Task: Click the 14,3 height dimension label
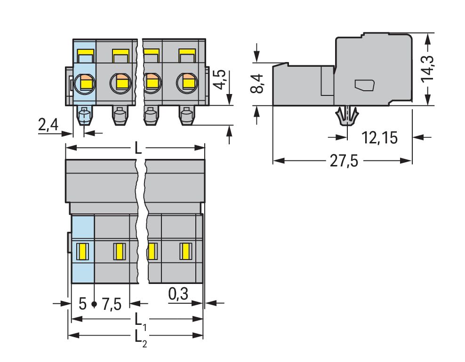(x=427, y=68)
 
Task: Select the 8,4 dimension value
(x=257, y=84)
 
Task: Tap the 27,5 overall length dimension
(x=344, y=161)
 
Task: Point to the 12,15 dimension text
(x=380, y=138)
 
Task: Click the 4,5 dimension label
(x=220, y=79)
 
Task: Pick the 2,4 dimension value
(x=48, y=125)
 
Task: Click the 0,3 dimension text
(x=178, y=294)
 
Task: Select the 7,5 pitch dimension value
(x=112, y=304)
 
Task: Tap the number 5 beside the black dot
(x=83, y=304)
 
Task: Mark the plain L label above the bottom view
(x=138, y=148)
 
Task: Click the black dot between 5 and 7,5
(x=94, y=304)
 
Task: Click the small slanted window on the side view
(x=364, y=85)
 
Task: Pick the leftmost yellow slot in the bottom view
(x=82, y=251)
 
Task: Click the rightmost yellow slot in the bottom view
(x=186, y=251)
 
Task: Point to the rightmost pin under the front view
(x=187, y=116)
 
